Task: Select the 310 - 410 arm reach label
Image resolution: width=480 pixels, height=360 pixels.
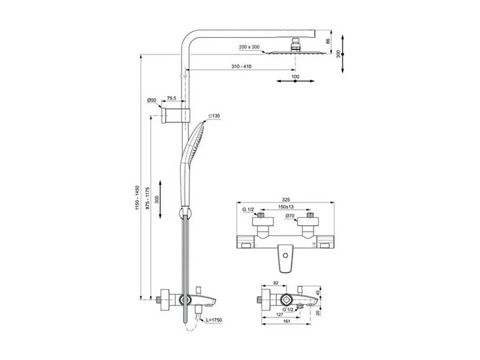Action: point(241,66)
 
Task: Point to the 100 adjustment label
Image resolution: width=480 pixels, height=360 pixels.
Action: point(295,76)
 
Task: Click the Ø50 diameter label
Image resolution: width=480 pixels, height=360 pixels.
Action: point(151,100)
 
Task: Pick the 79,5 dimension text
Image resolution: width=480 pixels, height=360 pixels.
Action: point(172,99)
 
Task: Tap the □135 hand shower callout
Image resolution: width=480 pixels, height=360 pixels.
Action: point(214,116)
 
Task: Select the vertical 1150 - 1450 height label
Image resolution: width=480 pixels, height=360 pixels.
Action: point(137,197)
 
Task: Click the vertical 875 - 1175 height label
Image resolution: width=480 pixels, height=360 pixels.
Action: point(147,197)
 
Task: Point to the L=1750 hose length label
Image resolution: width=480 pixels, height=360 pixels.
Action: point(214,320)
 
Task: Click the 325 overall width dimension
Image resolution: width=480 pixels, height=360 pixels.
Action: point(286,199)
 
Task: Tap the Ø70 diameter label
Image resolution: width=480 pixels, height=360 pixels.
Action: point(290,216)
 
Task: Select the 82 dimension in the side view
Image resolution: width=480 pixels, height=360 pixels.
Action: point(275,283)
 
